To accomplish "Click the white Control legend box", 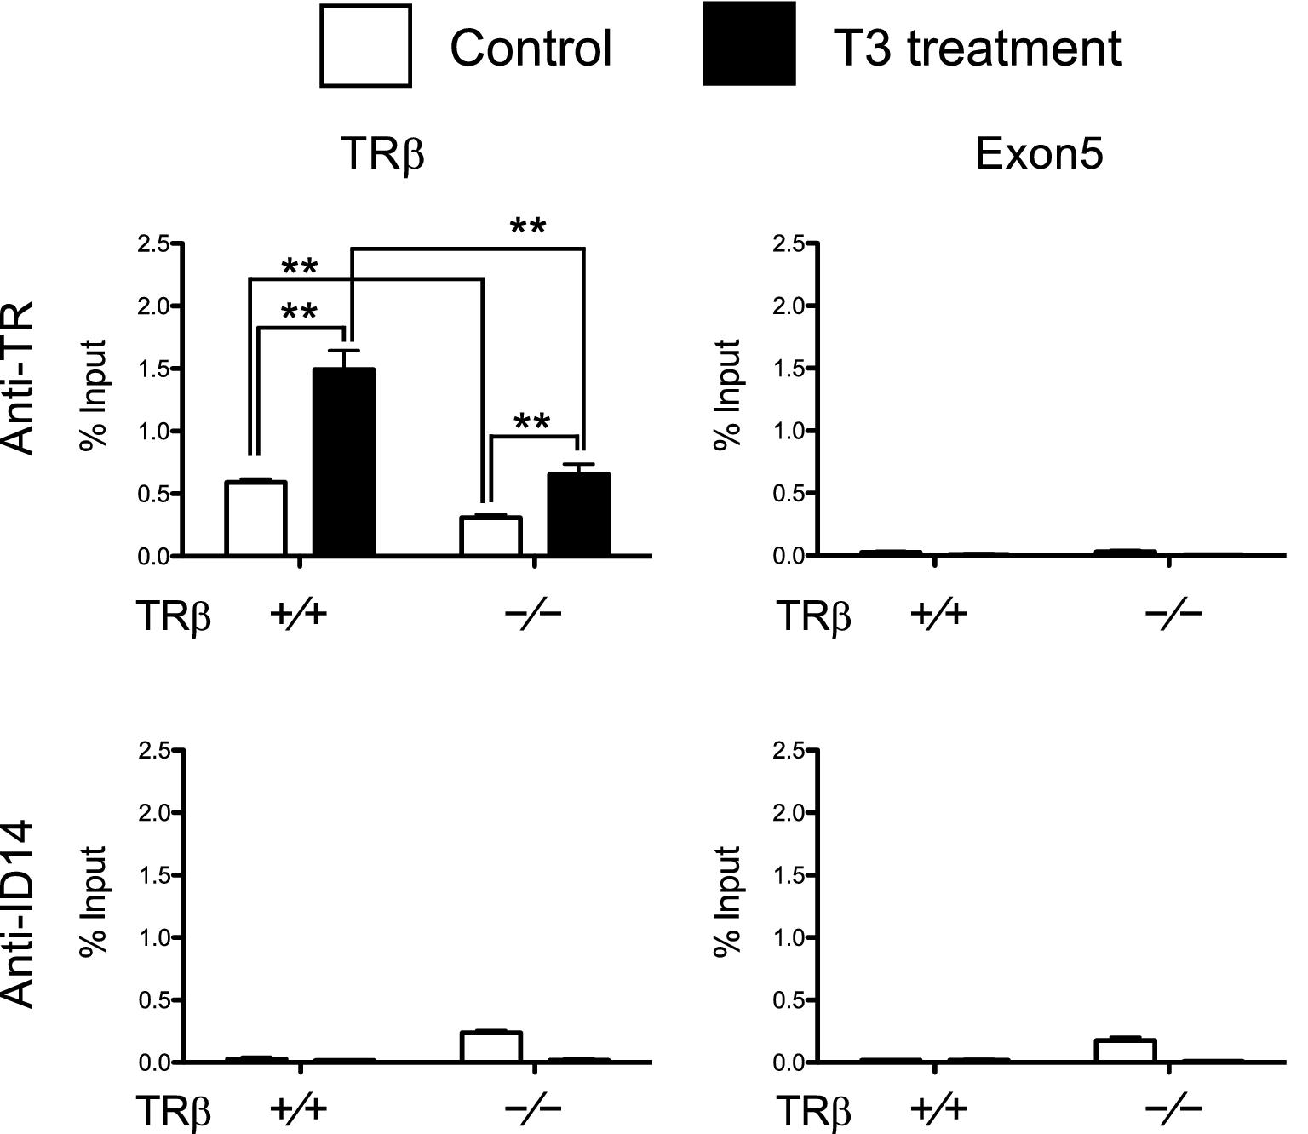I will point(365,46).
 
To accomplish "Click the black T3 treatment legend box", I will point(749,44).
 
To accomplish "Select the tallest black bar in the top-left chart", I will point(344,462).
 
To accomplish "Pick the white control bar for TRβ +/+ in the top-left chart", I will point(255,518).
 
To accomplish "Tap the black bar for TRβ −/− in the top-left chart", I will point(578,515).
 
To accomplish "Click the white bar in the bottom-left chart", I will point(490,1046).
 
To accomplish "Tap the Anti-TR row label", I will point(19,378).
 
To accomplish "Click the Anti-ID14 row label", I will point(19,913).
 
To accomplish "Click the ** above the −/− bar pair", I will point(532,423).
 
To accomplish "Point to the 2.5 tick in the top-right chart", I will point(788,244).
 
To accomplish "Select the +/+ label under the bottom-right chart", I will point(938,1108).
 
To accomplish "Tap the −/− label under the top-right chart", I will point(1173,613).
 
